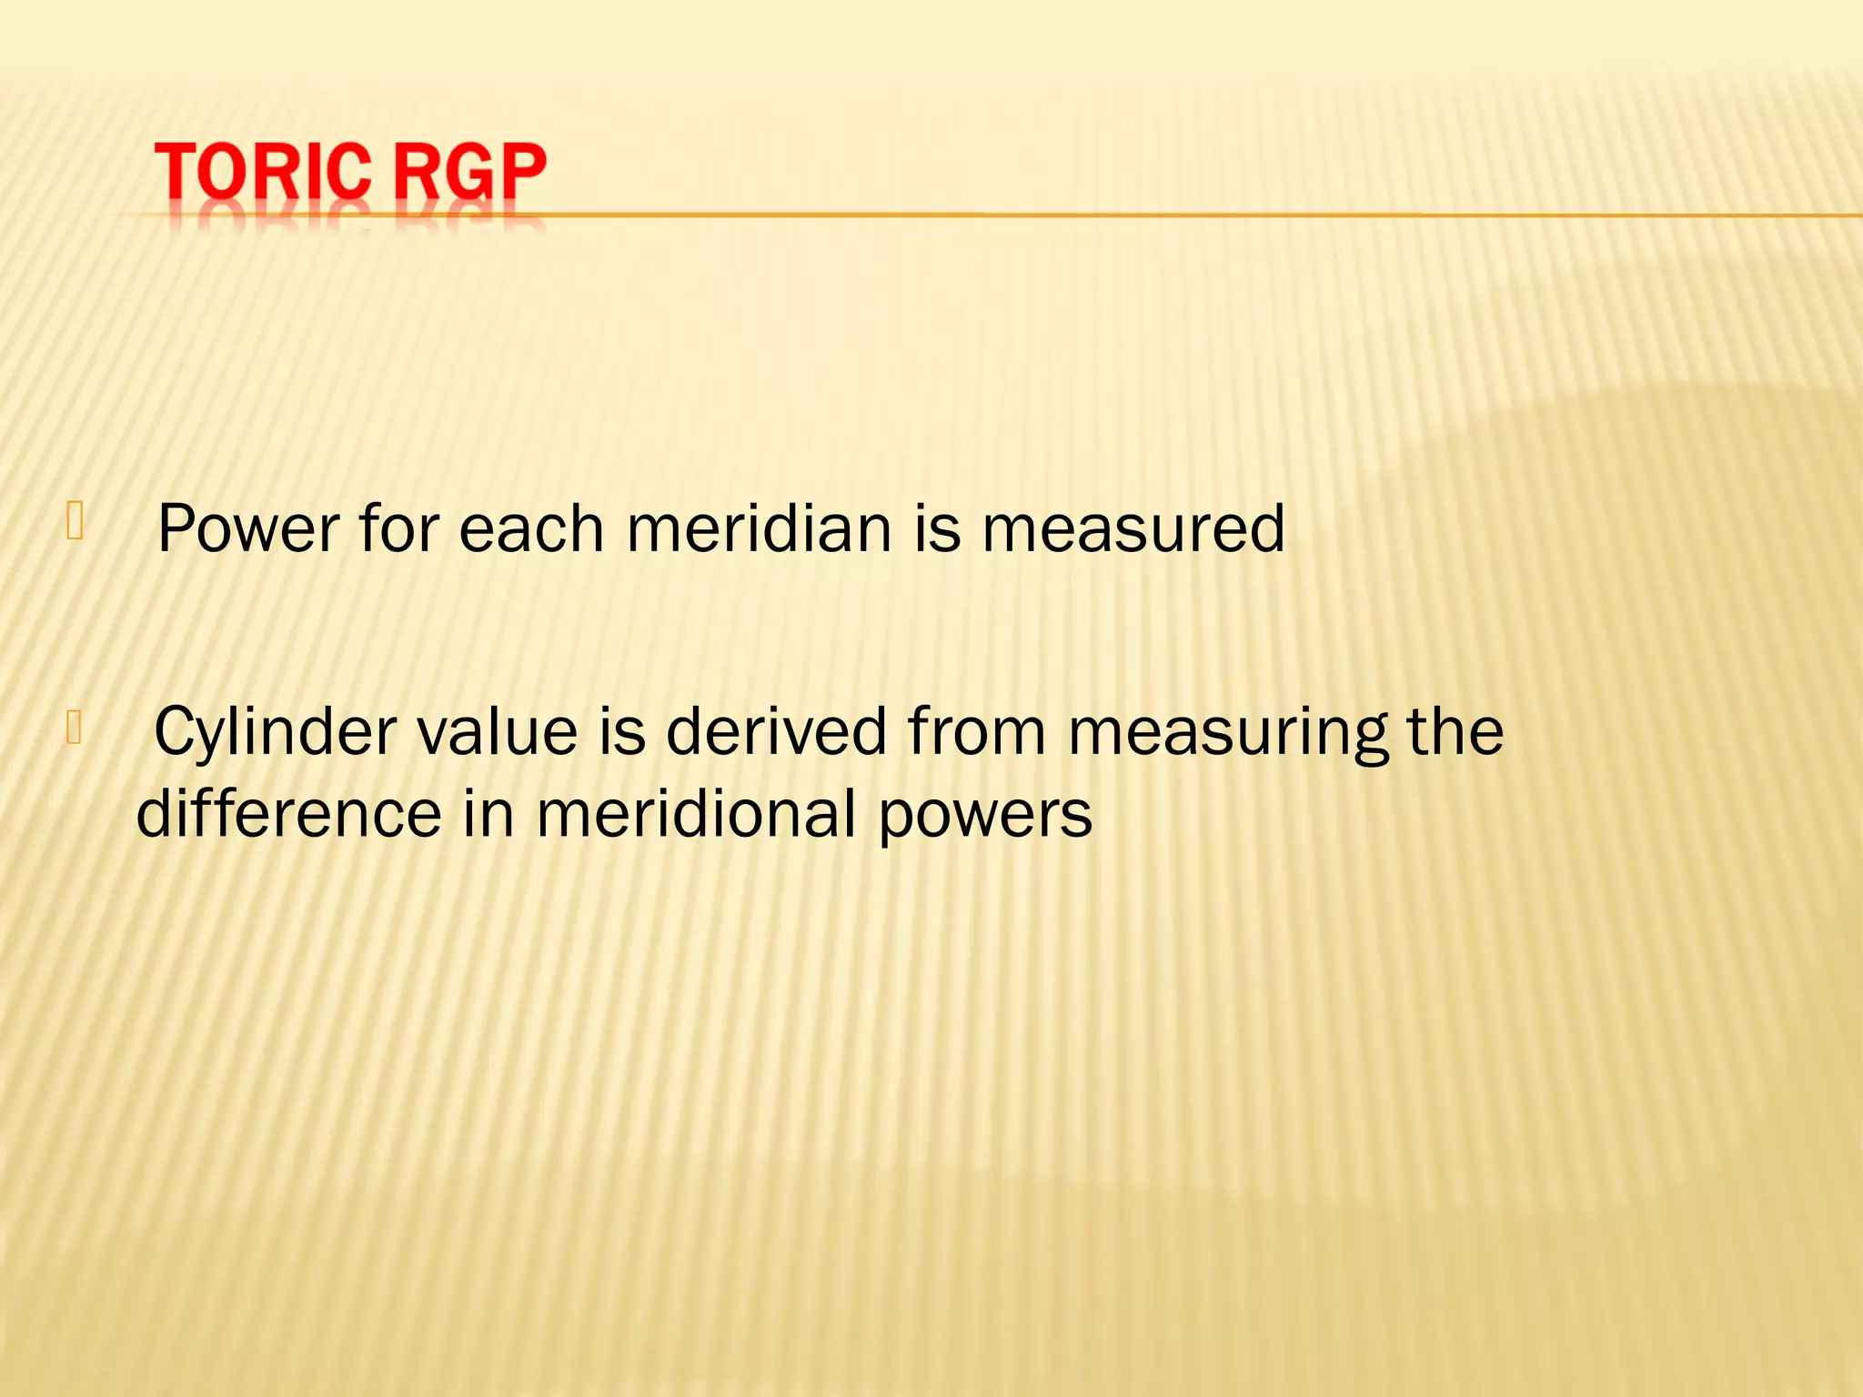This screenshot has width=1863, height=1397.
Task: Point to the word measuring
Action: pos(1228,733)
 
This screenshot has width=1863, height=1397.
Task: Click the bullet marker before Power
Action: pos(75,523)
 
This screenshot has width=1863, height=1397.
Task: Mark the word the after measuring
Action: pos(1455,731)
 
